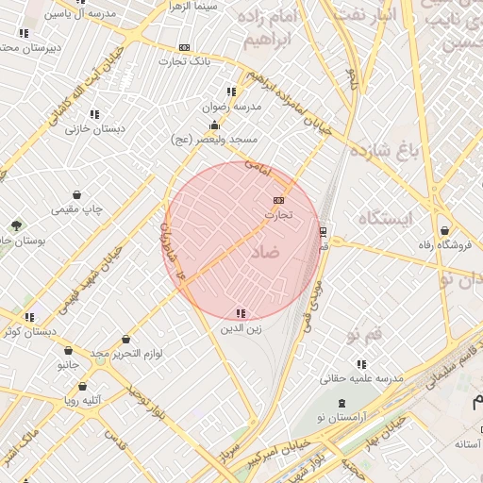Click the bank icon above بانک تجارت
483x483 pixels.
coord(184,47)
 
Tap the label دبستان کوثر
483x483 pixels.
coord(29,332)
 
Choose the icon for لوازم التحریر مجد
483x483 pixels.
coord(125,340)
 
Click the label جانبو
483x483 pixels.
coord(66,364)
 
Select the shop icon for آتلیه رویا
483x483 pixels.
coord(83,386)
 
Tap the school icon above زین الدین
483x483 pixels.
coord(241,313)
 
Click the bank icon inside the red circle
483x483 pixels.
coord(278,200)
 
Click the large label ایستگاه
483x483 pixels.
coord(387,219)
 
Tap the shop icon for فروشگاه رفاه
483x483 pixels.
coord(444,230)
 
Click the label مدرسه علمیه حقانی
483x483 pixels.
coord(361,377)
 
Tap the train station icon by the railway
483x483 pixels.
coord(323,230)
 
